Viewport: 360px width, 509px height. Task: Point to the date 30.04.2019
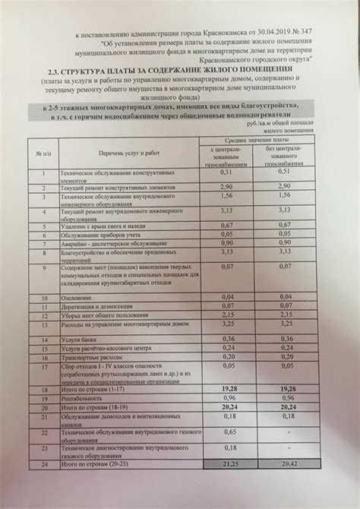pos(265,36)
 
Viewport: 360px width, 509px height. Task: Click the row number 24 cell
pos(44,462)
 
